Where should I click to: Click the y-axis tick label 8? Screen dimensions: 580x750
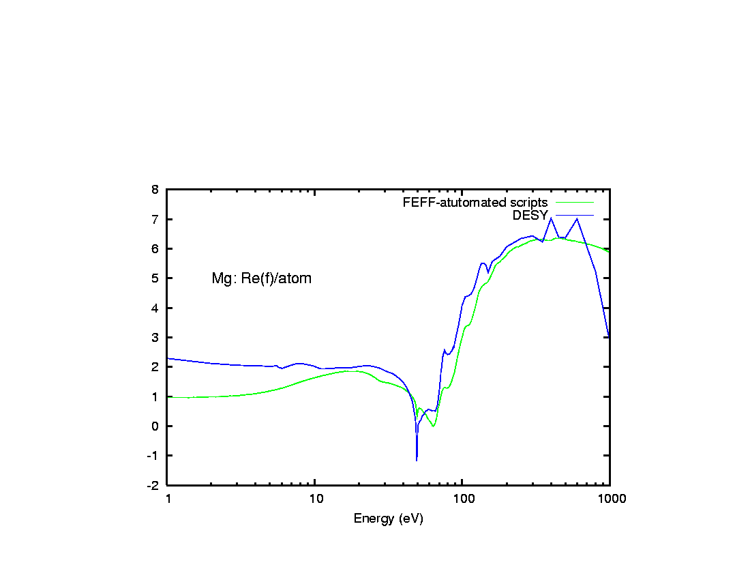point(156,190)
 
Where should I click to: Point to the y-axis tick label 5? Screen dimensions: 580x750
point(156,278)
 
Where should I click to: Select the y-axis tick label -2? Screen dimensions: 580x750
point(154,485)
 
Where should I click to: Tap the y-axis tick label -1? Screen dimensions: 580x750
point(154,456)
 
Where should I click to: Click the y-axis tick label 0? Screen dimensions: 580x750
point(156,426)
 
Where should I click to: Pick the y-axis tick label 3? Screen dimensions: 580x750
point(156,338)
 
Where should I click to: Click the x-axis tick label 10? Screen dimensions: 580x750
point(315,499)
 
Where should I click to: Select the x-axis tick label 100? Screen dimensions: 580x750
point(462,499)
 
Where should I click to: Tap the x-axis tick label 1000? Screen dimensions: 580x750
point(610,499)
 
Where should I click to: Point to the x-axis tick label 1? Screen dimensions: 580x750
point(168,499)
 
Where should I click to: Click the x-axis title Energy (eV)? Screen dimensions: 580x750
point(388,519)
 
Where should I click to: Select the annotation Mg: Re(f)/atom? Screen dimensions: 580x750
point(262,278)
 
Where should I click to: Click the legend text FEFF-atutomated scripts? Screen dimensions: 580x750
point(475,203)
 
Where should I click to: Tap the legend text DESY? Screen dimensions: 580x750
point(530,216)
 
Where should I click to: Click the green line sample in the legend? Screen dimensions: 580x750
point(574,203)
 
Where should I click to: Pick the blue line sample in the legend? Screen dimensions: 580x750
point(574,216)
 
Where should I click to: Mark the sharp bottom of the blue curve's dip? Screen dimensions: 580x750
point(417,461)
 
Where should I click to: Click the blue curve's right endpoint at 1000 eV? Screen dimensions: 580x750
point(609,337)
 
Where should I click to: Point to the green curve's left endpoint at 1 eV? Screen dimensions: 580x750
point(168,396)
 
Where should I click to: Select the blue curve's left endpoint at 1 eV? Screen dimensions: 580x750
point(168,358)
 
